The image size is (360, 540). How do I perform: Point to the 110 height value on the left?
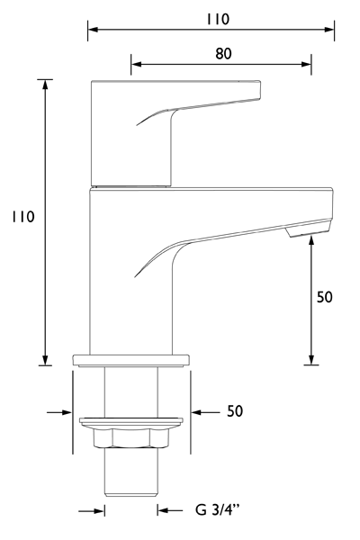pos(22,217)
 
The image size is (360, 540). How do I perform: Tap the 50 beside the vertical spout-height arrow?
pos(325,297)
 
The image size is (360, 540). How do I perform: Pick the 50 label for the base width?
pos(235,411)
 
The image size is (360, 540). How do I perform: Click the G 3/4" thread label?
pos(215,511)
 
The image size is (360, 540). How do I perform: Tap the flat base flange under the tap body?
pos(131,360)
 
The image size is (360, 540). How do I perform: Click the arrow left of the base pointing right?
pos(65,411)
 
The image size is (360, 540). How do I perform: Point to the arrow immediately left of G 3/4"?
pos(164,511)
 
